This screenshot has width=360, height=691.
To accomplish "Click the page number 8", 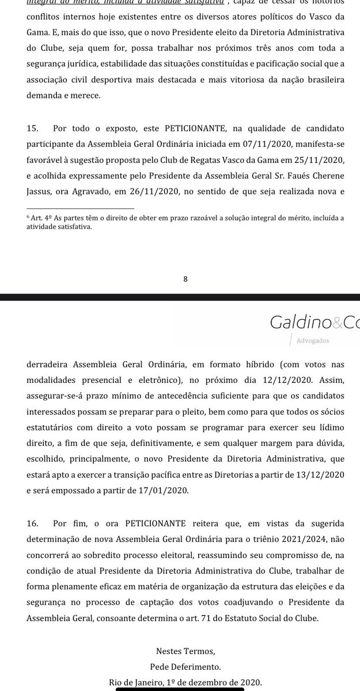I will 185,279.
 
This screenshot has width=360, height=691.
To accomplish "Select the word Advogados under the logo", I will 313,340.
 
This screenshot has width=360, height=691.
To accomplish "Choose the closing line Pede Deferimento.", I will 185,667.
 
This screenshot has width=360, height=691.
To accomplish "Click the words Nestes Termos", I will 185,652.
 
